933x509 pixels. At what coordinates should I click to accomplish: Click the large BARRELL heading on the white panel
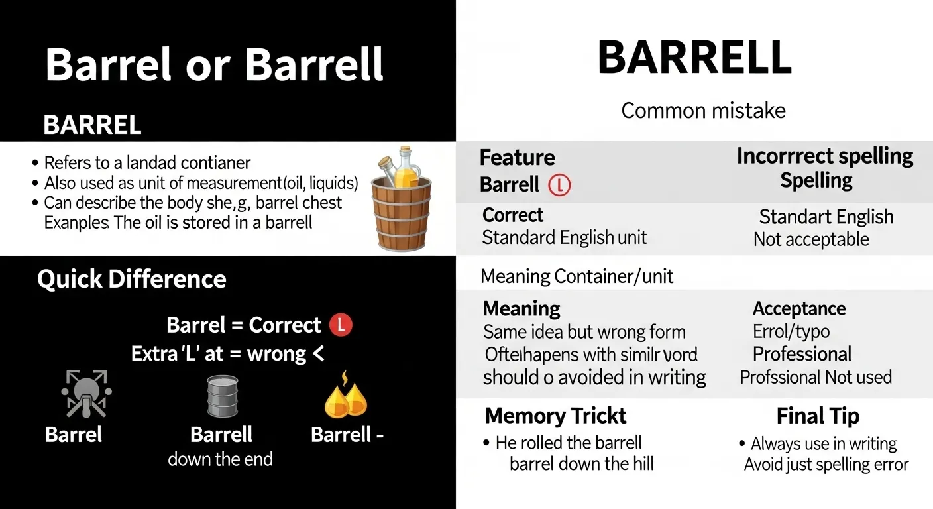694,58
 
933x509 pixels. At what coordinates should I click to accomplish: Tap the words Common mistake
703,110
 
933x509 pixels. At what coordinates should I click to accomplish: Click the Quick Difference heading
131,279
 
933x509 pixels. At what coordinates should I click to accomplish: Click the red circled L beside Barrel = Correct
341,325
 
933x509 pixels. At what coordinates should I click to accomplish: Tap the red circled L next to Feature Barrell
559,185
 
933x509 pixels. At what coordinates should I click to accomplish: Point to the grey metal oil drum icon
221,396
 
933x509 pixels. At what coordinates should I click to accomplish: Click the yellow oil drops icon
345,396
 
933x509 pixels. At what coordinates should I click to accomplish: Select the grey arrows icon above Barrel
86,394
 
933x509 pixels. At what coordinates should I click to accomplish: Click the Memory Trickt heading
555,416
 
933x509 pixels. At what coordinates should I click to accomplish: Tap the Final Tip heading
818,416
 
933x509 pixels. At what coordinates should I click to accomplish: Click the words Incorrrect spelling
824,156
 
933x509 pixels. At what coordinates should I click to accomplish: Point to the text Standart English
826,217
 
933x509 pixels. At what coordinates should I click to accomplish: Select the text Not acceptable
810,239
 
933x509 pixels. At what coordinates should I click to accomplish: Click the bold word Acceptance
798,308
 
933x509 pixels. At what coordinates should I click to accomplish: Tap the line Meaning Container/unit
576,276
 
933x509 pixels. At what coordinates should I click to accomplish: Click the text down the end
220,459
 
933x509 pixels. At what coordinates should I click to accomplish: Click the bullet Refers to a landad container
147,162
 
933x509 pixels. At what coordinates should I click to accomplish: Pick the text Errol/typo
791,331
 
